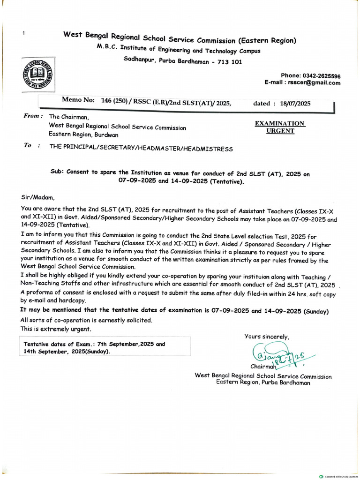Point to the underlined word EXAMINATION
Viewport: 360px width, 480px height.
[280, 123]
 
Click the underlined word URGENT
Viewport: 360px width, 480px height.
[280, 131]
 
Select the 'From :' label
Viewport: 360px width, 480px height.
[33, 116]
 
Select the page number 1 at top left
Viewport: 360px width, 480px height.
[23, 33]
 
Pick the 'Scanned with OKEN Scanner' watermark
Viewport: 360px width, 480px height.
[338, 476]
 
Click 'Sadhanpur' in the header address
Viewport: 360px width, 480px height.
[140, 60]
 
